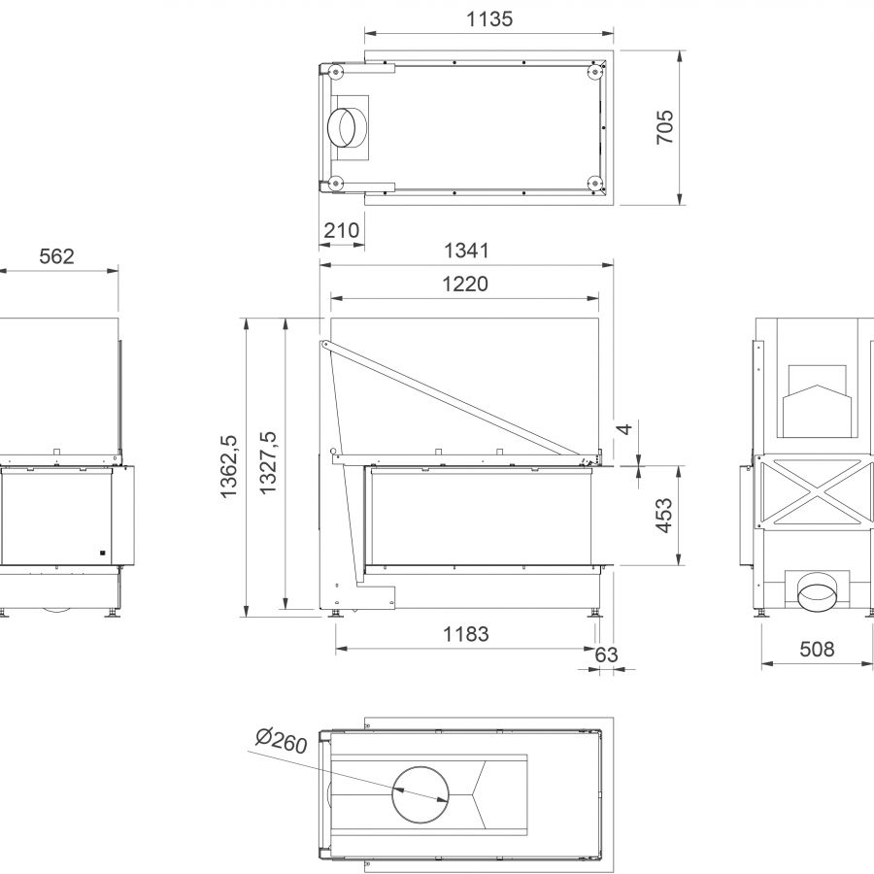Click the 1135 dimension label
(490, 19)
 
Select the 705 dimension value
(665, 127)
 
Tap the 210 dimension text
(341, 231)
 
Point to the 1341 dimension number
(466, 252)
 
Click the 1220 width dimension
(466, 285)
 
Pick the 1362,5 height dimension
(230, 466)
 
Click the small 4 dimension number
(626, 428)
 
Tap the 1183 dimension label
(466, 635)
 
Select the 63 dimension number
(606, 655)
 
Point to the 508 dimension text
(817, 650)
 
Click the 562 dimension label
(56, 256)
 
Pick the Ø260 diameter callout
(281, 743)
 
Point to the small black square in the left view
(101, 554)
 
